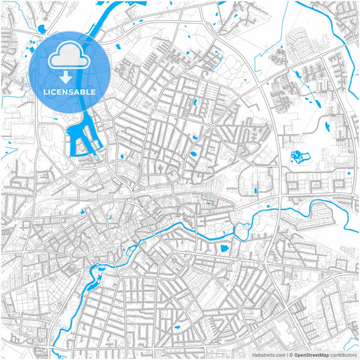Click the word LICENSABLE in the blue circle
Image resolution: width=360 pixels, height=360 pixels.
(x=70, y=92)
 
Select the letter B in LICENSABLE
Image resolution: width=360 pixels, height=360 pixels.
(x=84, y=92)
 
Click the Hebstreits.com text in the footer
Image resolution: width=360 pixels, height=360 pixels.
(x=269, y=354)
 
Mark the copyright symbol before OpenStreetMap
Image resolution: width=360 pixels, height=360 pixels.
(x=291, y=354)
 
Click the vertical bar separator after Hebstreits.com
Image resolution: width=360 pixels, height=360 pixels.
(x=286, y=354)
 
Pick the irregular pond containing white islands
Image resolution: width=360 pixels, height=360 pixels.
(x=297, y=158)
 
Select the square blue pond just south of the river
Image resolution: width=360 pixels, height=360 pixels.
(x=224, y=249)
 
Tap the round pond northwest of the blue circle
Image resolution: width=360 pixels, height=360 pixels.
(x=42, y=29)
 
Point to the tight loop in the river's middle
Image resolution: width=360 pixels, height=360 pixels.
(x=240, y=231)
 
